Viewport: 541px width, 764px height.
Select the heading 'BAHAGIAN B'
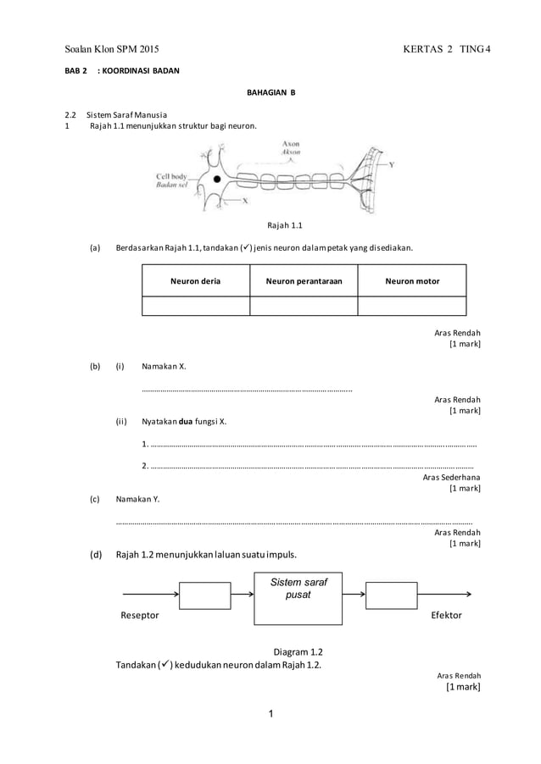coord(270,91)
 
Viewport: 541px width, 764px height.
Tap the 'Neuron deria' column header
coord(196,281)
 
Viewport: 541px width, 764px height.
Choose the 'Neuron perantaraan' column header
coord(304,281)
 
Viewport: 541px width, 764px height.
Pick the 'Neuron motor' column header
coord(412,281)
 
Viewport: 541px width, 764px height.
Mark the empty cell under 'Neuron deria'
coord(196,306)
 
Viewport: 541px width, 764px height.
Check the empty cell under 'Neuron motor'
coord(412,306)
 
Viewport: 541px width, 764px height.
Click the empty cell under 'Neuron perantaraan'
coord(304,306)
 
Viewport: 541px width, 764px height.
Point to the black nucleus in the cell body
coord(218,180)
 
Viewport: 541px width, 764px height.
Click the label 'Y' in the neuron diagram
coord(391,164)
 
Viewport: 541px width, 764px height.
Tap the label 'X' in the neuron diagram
coord(245,202)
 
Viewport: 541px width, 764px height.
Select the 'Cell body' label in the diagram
coord(175,176)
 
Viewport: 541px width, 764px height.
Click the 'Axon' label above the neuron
coord(291,145)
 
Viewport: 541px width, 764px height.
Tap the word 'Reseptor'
coord(141,616)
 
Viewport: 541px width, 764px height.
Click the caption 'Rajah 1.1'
coord(284,225)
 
